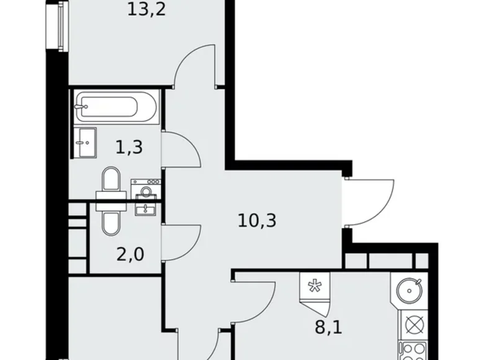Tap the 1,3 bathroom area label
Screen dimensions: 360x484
(129, 147)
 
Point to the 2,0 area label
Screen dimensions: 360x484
(130, 254)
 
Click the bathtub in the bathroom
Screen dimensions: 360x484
(117, 107)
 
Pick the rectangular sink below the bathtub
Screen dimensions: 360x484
(86, 142)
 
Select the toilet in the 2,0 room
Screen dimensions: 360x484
(111, 217)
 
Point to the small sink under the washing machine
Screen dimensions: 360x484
(146, 209)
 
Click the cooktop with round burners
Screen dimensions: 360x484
(412, 351)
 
